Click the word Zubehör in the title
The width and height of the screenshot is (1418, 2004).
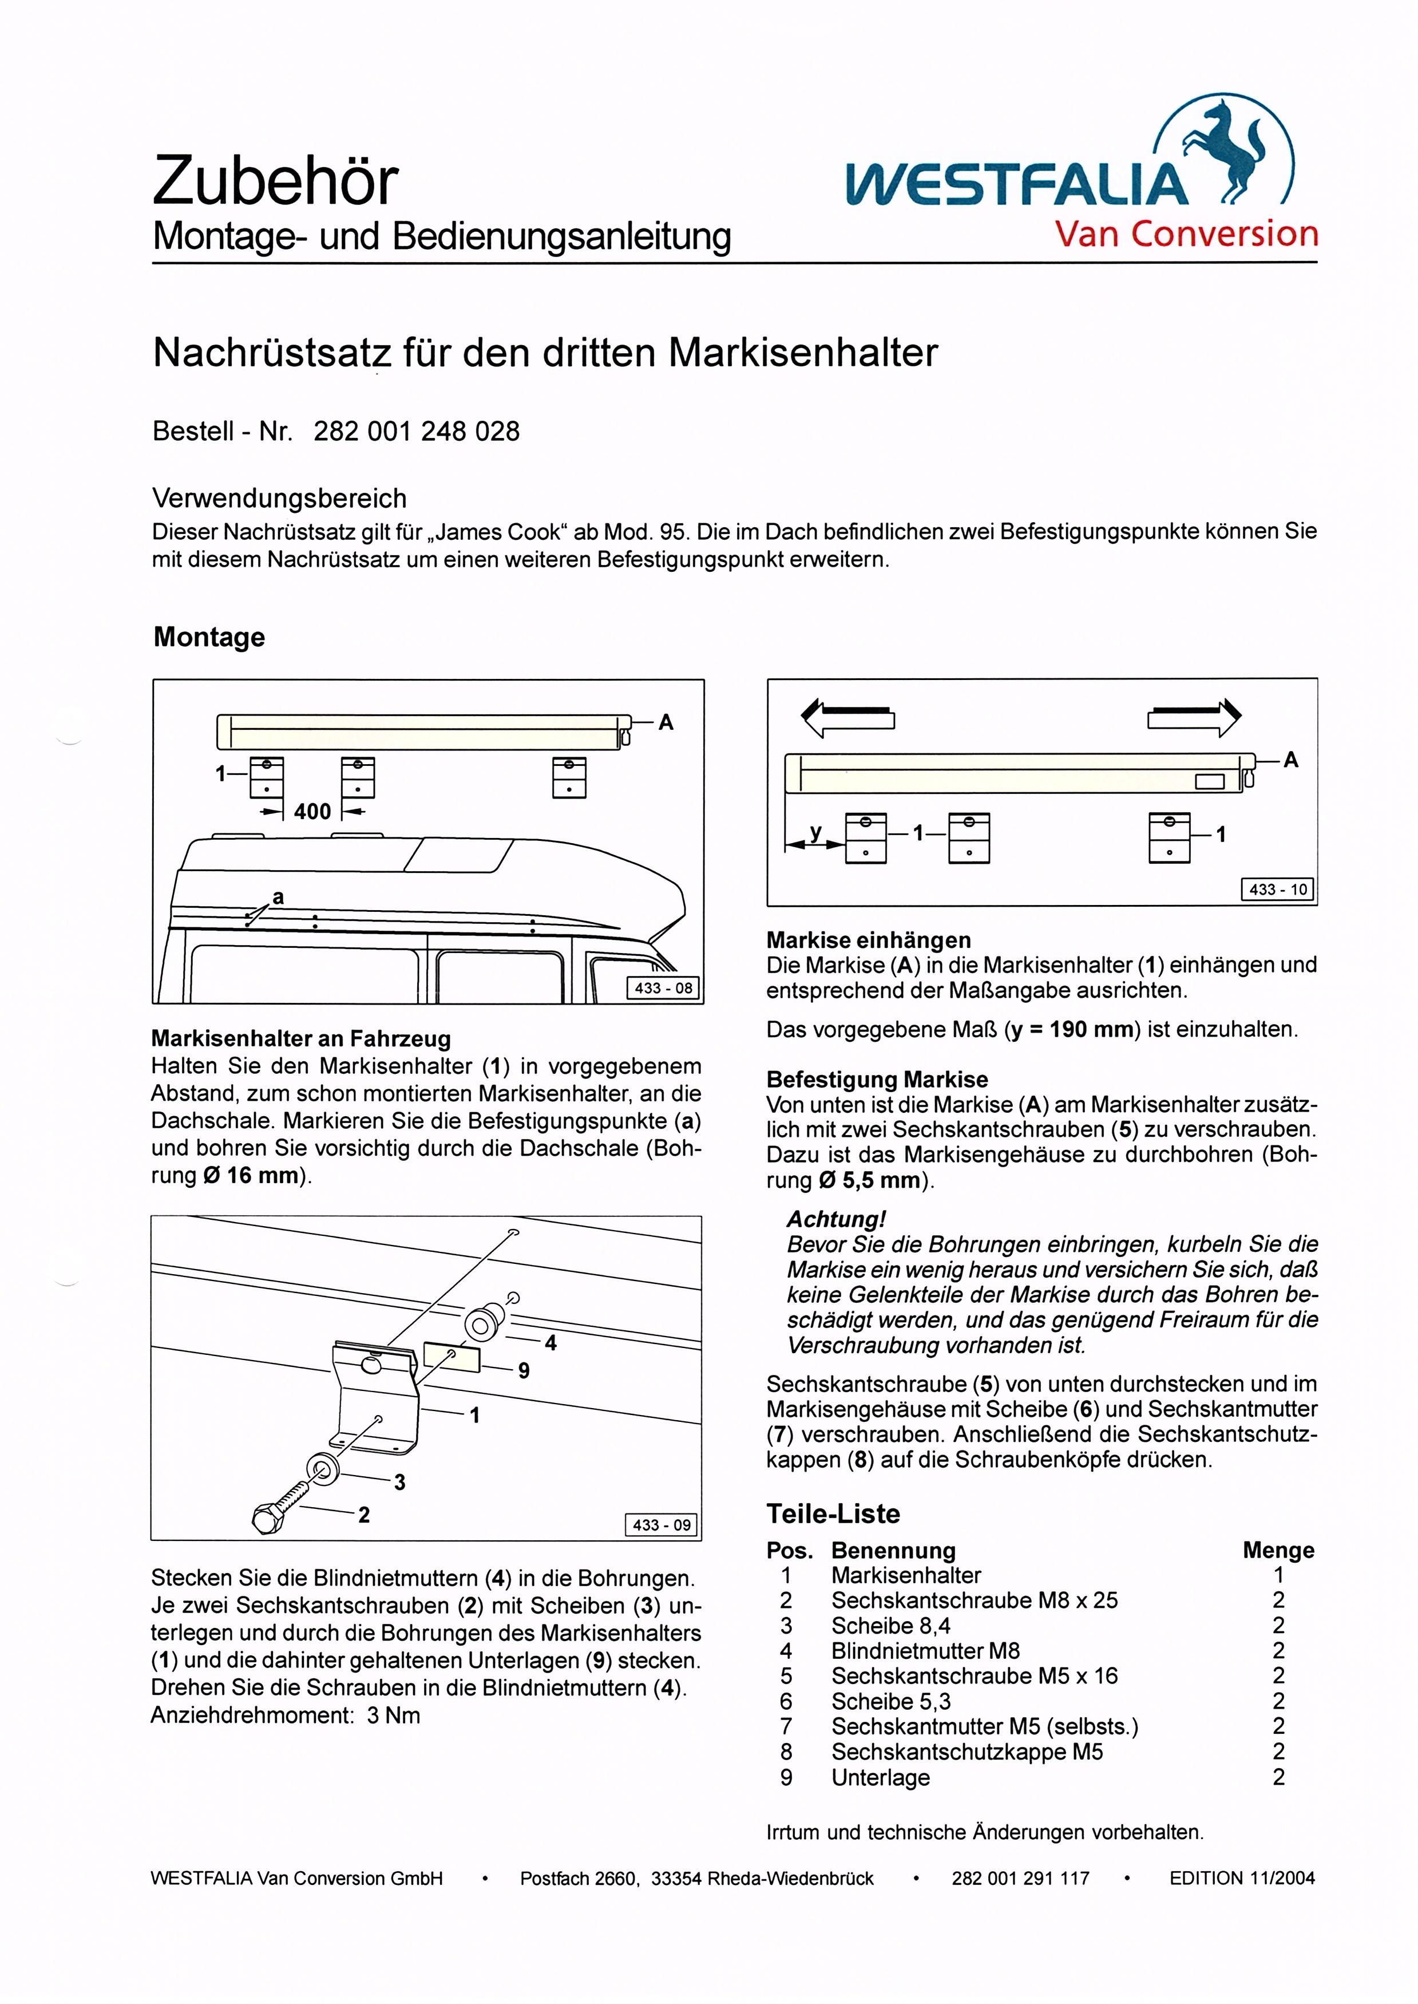(x=275, y=181)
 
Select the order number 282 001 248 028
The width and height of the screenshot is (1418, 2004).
(x=417, y=432)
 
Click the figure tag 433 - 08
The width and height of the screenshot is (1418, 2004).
(x=664, y=989)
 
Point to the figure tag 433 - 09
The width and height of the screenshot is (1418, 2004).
(x=662, y=1525)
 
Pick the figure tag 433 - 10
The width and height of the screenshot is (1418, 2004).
(x=1278, y=890)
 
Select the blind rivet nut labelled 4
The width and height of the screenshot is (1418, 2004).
(x=481, y=1324)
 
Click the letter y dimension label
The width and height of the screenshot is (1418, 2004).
(x=815, y=832)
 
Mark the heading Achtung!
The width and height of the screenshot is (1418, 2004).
(x=837, y=1219)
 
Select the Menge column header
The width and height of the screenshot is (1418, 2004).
(x=1277, y=1550)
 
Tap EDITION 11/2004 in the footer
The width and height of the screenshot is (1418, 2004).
(x=1242, y=1878)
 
